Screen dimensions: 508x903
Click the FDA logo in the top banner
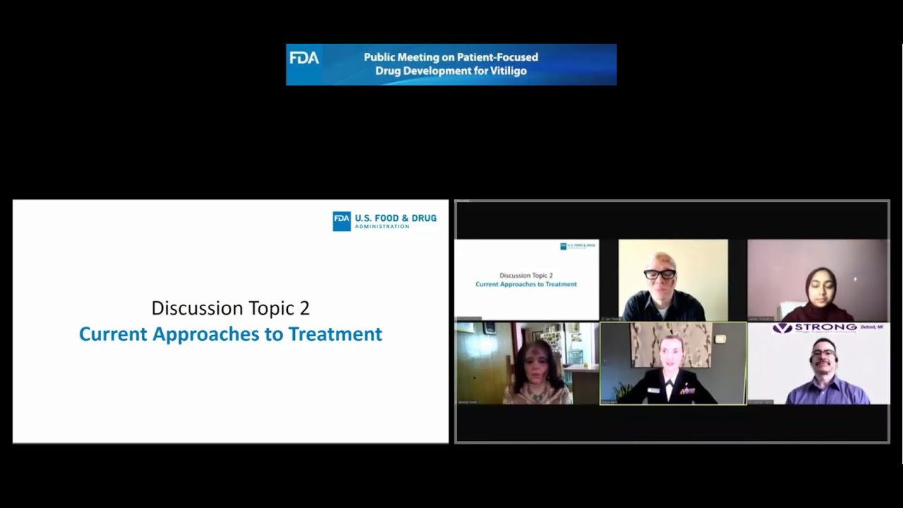(x=304, y=58)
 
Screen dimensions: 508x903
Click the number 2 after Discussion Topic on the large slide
(x=304, y=308)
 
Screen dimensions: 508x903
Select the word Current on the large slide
(x=113, y=334)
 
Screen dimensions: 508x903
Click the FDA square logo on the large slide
(x=341, y=221)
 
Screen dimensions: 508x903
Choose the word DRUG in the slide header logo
(x=424, y=218)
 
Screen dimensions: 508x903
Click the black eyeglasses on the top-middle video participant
(x=660, y=274)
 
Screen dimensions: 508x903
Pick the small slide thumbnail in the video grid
(x=526, y=279)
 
